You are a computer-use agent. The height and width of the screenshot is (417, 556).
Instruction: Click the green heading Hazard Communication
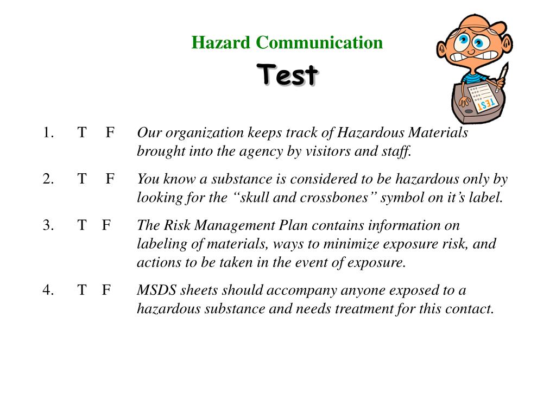tap(287, 42)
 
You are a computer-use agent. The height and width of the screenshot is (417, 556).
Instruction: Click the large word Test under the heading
tap(287, 74)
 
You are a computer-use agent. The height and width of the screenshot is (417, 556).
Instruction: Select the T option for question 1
tap(81, 132)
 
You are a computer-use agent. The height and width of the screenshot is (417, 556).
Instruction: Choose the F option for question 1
tap(110, 132)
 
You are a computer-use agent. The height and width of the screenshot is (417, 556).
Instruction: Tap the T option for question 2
tap(81, 179)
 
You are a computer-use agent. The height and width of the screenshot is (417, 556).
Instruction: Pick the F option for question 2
tap(110, 179)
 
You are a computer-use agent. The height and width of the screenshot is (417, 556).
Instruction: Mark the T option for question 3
tap(81, 225)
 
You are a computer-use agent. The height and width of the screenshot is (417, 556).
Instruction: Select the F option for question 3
tap(106, 225)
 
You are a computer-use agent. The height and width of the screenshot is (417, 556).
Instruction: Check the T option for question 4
tap(81, 290)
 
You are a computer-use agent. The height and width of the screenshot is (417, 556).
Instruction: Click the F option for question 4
tap(106, 290)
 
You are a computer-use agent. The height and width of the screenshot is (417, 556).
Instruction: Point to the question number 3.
tap(48, 225)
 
